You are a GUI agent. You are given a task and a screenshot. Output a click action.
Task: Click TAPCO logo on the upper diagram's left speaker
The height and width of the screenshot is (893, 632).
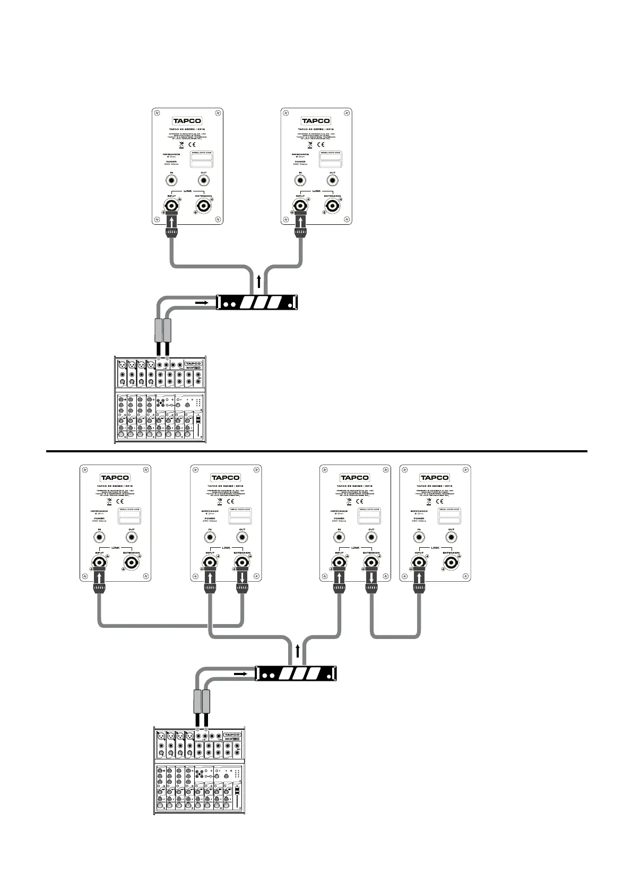(x=187, y=121)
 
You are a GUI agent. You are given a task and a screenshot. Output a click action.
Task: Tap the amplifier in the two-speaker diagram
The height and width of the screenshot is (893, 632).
(x=257, y=303)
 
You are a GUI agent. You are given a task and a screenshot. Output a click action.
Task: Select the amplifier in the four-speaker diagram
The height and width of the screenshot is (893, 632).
(x=296, y=674)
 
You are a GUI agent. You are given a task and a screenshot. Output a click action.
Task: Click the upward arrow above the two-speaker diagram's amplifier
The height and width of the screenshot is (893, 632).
(x=258, y=281)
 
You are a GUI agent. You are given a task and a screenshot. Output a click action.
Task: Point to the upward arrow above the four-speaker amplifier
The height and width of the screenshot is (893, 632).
(x=298, y=652)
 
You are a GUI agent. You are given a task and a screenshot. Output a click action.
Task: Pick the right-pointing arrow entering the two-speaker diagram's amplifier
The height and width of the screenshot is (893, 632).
(x=202, y=303)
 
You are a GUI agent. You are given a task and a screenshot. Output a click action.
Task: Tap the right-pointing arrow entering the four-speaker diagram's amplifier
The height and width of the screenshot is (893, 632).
(x=240, y=674)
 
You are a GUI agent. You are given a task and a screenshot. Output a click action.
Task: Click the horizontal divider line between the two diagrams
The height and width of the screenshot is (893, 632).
(x=316, y=451)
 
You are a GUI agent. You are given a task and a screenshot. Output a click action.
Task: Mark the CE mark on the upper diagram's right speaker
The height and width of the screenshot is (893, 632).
(x=321, y=144)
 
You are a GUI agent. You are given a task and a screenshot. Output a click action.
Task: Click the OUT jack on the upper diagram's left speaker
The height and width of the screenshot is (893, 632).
(x=204, y=181)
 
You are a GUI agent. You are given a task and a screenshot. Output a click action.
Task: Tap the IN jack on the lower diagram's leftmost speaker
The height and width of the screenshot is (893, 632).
(x=99, y=538)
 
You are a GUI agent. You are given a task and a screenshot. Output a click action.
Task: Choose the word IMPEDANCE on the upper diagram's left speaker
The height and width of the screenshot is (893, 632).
(x=172, y=154)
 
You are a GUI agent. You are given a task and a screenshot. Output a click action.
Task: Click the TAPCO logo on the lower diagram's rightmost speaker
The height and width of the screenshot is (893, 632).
(x=435, y=478)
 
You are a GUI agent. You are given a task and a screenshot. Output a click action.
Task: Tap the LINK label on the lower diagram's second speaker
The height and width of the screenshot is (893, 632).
(x=226, y=548)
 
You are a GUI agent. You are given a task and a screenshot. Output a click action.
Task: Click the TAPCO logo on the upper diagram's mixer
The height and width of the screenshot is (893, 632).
(x=194, y=364)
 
